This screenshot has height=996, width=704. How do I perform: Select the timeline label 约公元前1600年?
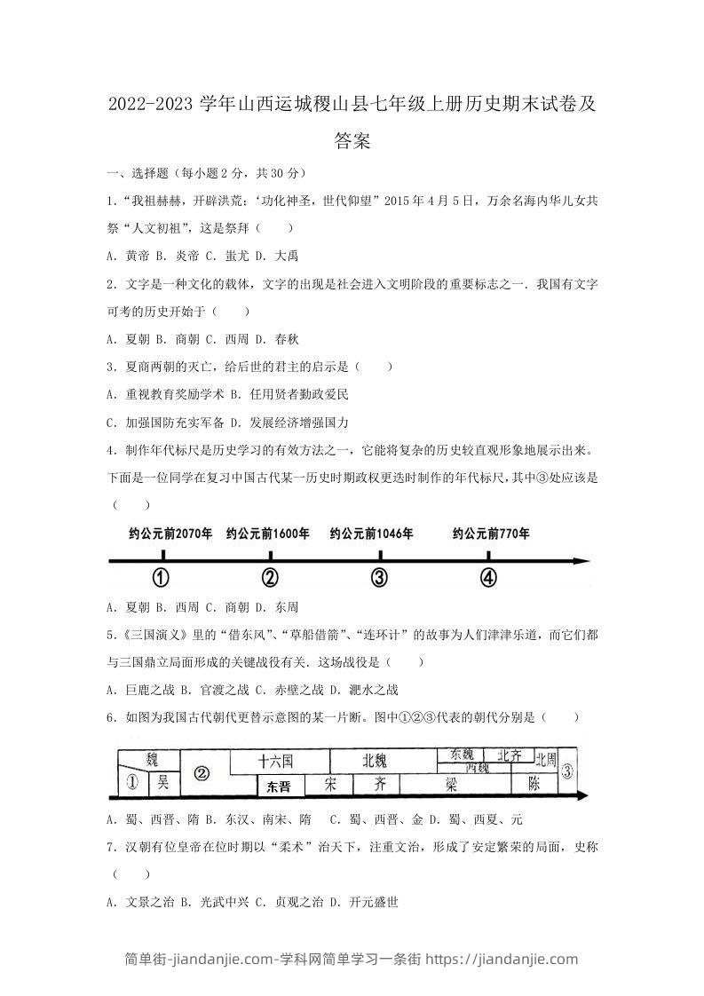(268, 534)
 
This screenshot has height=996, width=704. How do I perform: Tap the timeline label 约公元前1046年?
(371, 534)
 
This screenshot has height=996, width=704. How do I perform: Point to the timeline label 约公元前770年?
(491, 534)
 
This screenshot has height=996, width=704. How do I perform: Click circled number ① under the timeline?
(161, 578)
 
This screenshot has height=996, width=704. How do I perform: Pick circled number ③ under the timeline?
(379, 578)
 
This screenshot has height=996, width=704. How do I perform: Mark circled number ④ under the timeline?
(488, 578)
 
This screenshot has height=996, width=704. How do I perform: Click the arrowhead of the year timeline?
(581, 561)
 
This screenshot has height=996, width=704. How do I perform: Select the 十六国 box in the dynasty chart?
(276, 761)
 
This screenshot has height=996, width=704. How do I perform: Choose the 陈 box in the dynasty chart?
(534, 784)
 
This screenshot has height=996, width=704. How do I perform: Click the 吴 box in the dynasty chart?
(162, 782)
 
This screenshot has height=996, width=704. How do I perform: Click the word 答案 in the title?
(352, 140)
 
